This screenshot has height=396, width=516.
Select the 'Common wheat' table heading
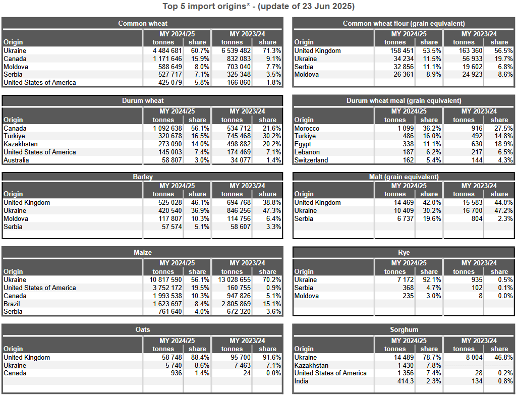pos(142,23)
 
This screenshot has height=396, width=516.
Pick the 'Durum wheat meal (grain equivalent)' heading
pos(404,101)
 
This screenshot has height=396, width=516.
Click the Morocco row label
pos(307,128)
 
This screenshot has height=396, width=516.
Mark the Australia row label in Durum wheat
pos(16,160)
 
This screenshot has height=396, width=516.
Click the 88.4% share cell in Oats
pos(200,358)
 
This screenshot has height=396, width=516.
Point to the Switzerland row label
pos(311,160)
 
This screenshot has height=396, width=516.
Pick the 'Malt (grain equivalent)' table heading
pos(404,177)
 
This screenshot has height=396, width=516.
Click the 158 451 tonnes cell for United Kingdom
pos(399,50)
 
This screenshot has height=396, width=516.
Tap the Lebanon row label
pos(307,152)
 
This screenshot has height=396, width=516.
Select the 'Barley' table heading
pos(142,177)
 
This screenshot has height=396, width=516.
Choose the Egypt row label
pos(303,144)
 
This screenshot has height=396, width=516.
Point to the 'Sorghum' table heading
pos(404,330)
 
